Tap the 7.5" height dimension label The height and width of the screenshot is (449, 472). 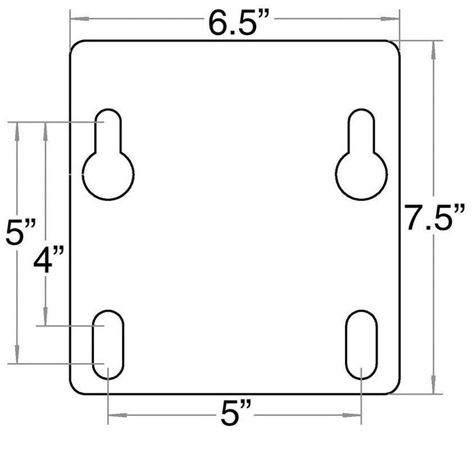coord(435,217)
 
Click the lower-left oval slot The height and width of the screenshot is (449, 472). coord(108,343)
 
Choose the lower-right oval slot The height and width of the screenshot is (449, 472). coord(361,343)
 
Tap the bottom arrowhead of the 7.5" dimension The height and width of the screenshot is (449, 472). coord(433,388)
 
